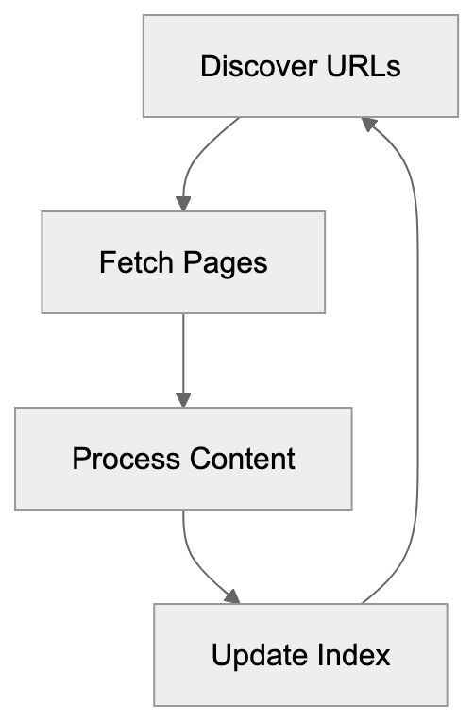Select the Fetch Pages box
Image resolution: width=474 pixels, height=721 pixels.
[x=183, y=261]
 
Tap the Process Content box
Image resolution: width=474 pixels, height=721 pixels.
[x=183, y=459]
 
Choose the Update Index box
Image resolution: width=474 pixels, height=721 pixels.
[x=300, y=655]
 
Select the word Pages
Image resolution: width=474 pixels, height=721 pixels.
[x=226, y=261]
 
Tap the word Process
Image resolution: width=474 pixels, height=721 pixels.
[x=126, y=459]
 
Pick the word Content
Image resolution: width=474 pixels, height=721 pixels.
[x=242, y=459]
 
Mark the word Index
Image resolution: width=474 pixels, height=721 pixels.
[x=353, y=655]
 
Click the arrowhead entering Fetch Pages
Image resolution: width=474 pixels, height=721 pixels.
[x=183, y=203]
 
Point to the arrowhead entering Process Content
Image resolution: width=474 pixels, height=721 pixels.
[x=183, y=399]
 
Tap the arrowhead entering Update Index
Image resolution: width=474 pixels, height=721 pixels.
[x=232, y=597]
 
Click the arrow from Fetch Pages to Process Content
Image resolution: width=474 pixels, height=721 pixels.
[x=183, y=359]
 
